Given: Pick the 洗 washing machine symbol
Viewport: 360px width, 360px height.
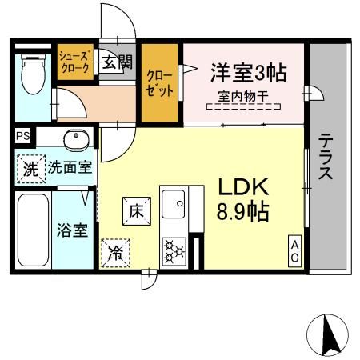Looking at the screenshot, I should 30,168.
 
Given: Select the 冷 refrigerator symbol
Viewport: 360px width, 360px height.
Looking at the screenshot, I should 115,254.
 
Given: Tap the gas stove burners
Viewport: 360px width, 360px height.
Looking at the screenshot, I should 174,251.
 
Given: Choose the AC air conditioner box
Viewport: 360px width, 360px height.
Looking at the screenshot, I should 294,251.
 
